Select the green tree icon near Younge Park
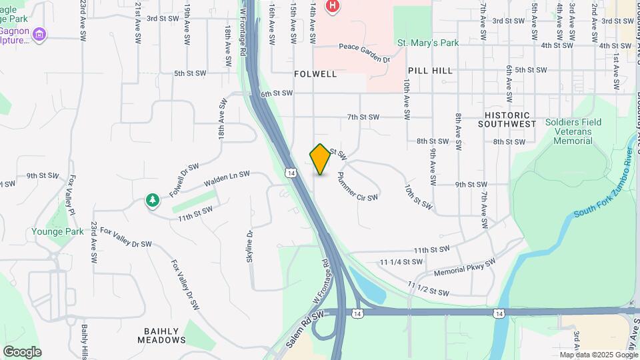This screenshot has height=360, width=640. (153, 200)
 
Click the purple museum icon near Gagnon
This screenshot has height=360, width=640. (39, 34)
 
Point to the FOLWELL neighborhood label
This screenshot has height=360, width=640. (315, 73)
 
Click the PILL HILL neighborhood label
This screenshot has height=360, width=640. (430, 70)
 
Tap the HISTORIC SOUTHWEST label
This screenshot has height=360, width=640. (507, 119)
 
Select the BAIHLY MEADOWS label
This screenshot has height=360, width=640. (163, 335)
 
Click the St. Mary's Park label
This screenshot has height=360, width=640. (428, 43)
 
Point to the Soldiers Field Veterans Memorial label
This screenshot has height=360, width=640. (573, 131)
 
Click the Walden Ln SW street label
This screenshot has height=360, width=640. (227, 177)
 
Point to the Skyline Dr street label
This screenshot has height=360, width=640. (250, 246)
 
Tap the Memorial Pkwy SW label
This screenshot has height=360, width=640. (465, 268)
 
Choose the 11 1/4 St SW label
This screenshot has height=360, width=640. (401, 263)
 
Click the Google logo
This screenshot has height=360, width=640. (22, 351)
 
